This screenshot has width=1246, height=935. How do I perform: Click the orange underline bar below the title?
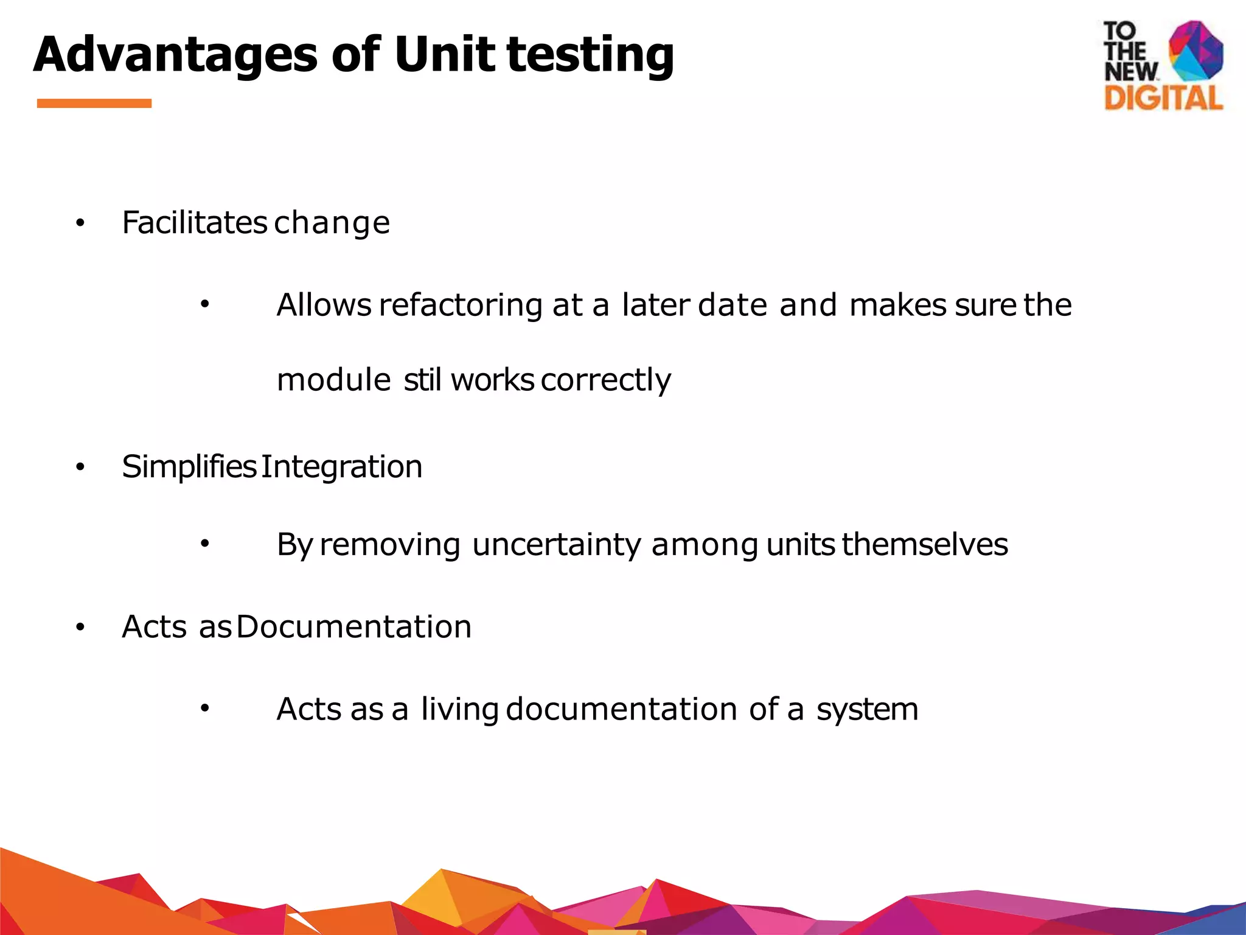pyautogui.click(x=94, y=103)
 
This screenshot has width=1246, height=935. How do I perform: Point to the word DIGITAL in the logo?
pyautogui.click(x=1163, y=98)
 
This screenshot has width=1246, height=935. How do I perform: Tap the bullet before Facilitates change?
pyautogui.click(x=80, y=225)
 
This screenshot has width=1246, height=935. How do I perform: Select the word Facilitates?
pyautogui.click(x=194, y=222)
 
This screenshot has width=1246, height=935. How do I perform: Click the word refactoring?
pyautogui.click(x=461, y=305)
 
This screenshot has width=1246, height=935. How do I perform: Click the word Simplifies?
pyautogui.click(x=189, y=467)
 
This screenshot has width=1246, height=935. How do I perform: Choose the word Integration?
pyautogui.click(x=342, y=467)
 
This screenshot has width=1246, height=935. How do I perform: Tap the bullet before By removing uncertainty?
pyautogui.click(x=205, y=544)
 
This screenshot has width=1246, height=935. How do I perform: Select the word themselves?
pyautogui.click(x=925, y=544)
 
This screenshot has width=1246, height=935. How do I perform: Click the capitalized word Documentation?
pyautogui.click(x=354, y=627)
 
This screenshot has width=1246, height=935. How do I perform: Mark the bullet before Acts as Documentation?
pyautogui.click(x=80, y=628)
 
